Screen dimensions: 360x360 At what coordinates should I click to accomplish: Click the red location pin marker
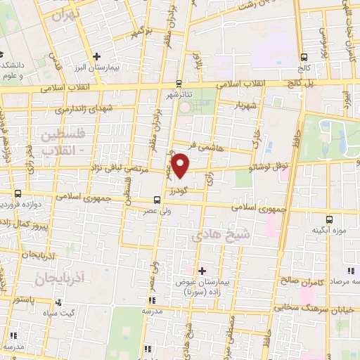click(x=181, y=165)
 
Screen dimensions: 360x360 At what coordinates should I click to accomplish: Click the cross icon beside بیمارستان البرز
click(x=96, y=56)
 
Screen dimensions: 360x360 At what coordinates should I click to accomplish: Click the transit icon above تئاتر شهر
click(x=179, y=82)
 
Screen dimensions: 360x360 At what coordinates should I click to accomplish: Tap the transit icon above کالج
click(x=304, y=58)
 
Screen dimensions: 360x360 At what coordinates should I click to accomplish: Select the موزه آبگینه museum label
click(x=328, y=230)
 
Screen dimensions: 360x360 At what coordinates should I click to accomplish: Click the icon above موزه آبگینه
click(x=330, y=219)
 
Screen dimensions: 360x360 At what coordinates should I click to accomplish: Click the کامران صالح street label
click(x=301, y=281)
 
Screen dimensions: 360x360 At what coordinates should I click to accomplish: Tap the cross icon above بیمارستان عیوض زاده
click(x=202, y=271)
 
